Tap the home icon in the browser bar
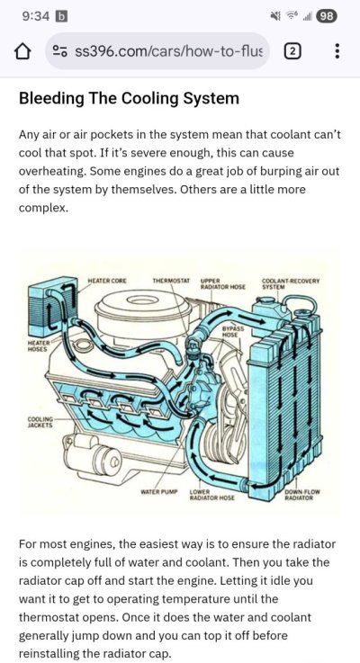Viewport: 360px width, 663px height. [22, 51]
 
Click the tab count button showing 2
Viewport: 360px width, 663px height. [293, 51]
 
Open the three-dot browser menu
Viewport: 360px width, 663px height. [337, 51]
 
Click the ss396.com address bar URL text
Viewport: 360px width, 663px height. [168, 51]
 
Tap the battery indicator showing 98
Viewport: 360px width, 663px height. [327, 16]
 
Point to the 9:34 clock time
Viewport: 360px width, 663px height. [36, 16]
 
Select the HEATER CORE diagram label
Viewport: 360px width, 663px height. [106, 281]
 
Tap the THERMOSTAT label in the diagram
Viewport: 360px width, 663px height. [171, 281]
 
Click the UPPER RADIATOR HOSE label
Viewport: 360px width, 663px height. [222, 283]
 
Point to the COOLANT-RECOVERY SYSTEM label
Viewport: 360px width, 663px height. [291, 283]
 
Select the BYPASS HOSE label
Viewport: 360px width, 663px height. [232, 331]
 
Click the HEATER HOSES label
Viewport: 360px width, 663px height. [39, 346]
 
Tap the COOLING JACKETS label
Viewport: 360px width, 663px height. [40, 423]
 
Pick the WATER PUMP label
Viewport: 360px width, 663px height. [159, 492]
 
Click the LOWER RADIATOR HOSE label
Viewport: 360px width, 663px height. [211, 495]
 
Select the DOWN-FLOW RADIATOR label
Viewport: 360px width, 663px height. [302, 495]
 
